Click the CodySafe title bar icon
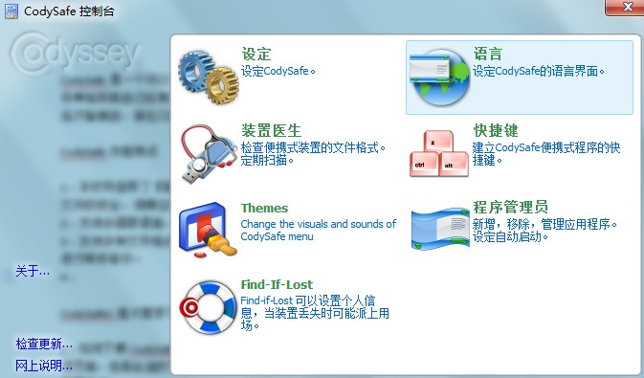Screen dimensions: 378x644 click(x=10, y=11)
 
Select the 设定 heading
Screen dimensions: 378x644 click(x=256, y=54)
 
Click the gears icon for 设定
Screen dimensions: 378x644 click(x=208, y=73)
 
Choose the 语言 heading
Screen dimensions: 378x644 click(x=487, y=54)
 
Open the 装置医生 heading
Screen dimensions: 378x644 click(x=272, y=131)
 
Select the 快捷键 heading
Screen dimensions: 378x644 click(x=496, y=131)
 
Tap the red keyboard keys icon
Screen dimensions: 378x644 click(x=438, y=150)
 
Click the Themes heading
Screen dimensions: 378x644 click(x=264, y=208)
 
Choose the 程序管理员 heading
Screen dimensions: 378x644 click(x=511, y=208)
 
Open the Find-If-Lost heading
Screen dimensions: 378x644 click(x=277, y=284)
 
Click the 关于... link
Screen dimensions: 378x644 click(x=33, y=272)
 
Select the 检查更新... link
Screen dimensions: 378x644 click(x=44, y=344)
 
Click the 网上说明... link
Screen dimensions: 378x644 click(x=44, y=365)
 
